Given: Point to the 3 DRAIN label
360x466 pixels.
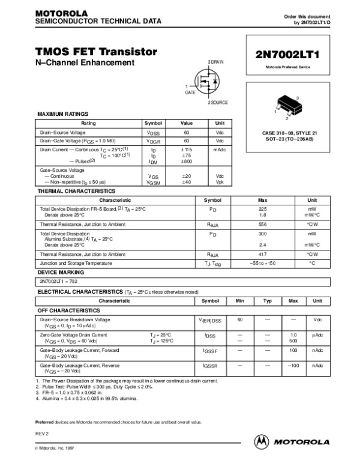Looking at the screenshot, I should pos(215,62).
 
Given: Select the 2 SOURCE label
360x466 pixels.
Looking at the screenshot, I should pos(218,103).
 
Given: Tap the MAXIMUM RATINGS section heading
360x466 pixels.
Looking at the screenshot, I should pos(63,113).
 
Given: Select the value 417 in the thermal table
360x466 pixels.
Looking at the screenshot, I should pos(262,255).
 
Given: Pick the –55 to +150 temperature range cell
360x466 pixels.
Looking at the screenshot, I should pos(262,263).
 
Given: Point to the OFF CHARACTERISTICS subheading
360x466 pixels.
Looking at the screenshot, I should pos(67,310).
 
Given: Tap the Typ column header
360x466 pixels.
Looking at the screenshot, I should pos(268,300).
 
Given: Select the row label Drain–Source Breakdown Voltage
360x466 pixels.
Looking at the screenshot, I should pos(75,319).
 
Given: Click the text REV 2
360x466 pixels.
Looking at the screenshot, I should pos(43,432).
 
